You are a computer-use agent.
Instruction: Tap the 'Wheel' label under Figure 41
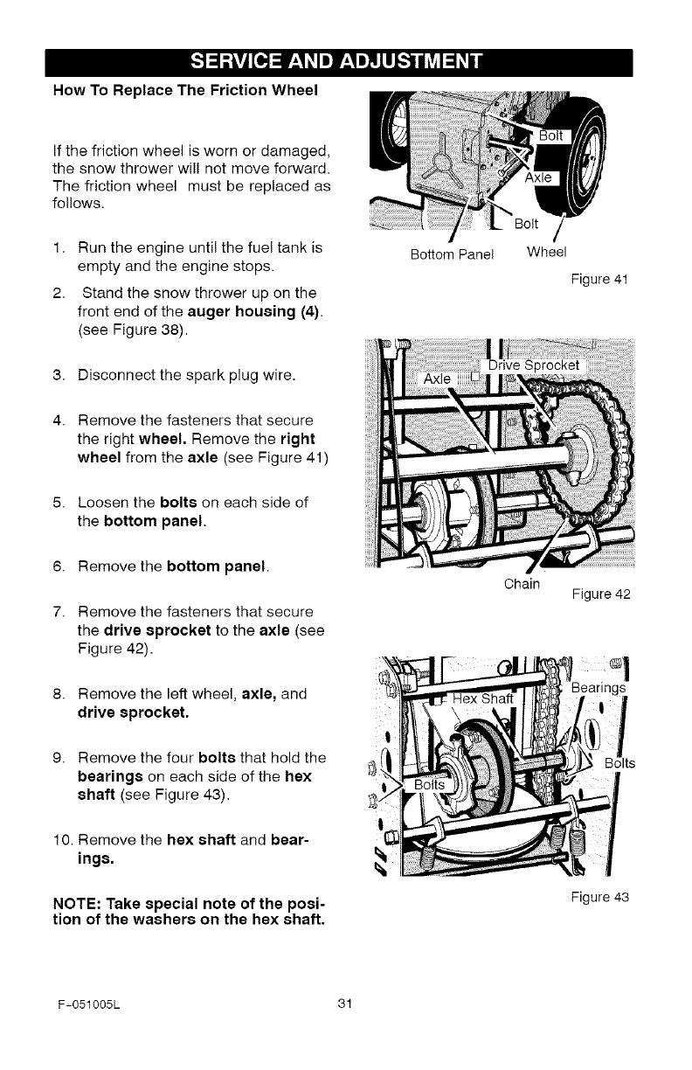point(547,254)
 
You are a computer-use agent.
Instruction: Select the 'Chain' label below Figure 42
point(522,582)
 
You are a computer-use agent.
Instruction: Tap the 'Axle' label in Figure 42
point(439,378)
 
